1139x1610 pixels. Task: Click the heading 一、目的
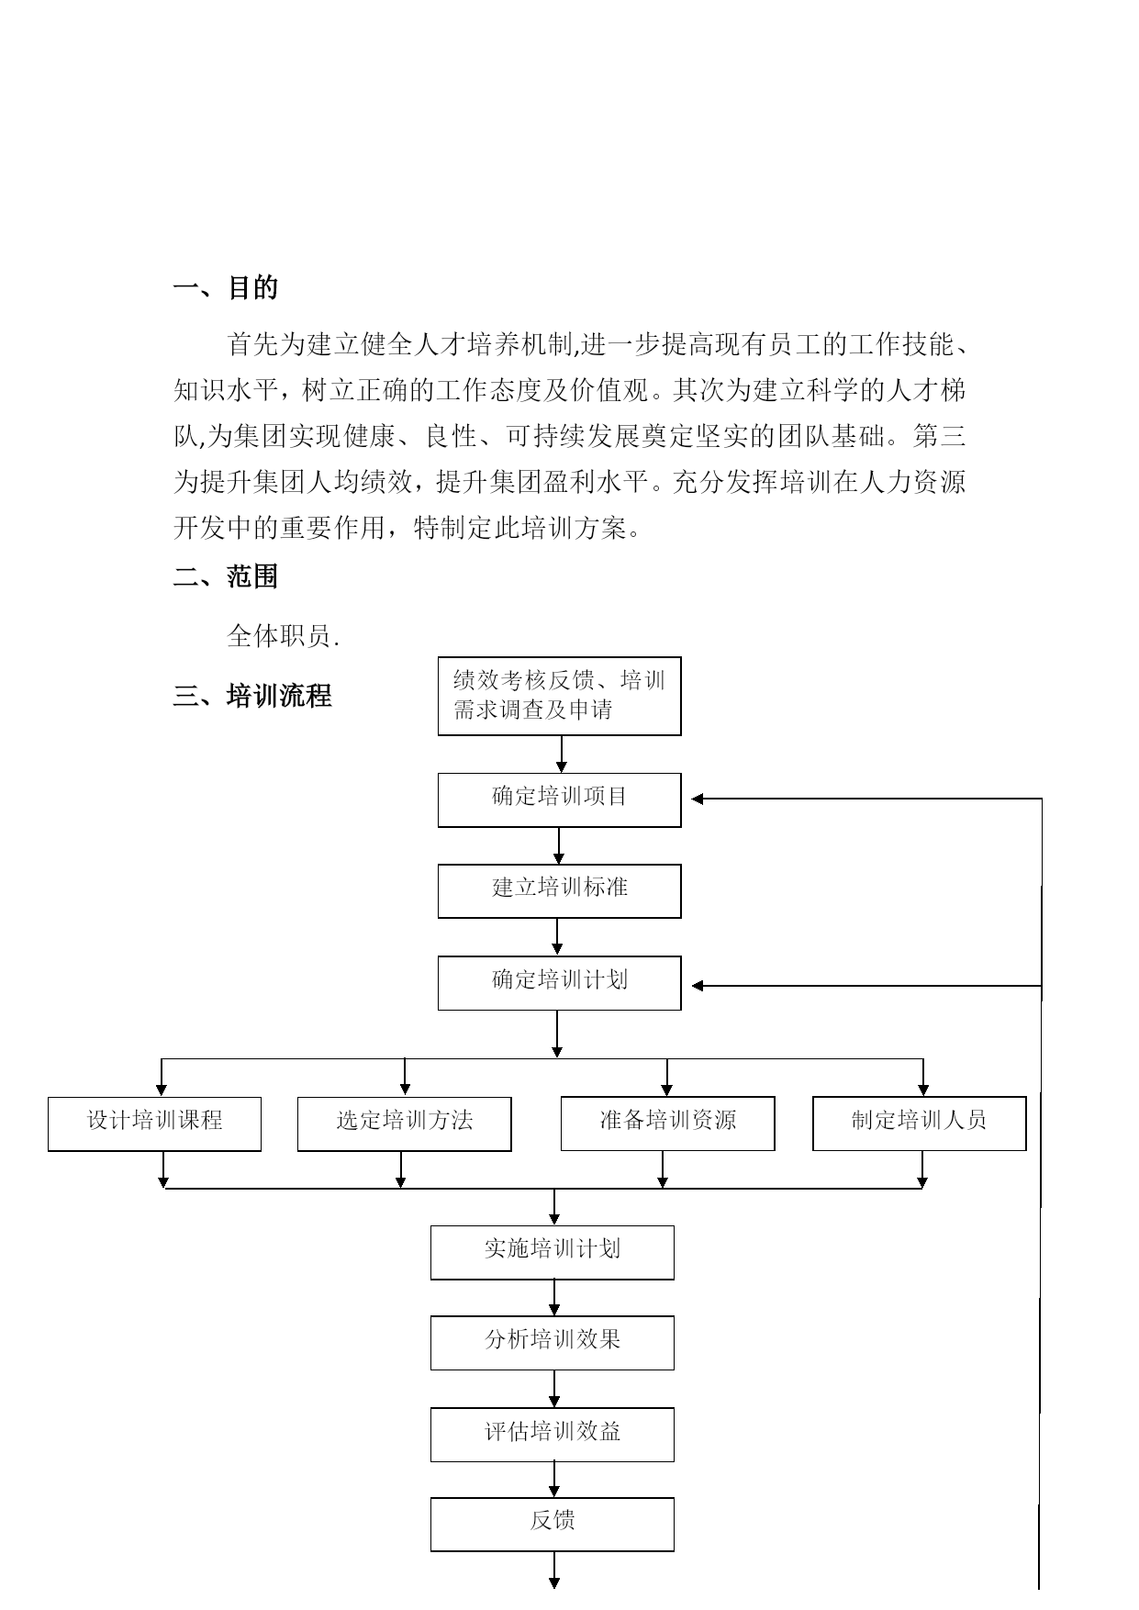(x=225, y=288)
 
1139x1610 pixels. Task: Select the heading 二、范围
(x=225, y=576)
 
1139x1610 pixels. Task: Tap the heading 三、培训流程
(x=252, y=696)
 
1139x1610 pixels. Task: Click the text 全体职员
(x=284, y=636)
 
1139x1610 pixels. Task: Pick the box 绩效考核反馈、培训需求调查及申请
(x=560, y=696)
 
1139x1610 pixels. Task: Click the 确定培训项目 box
(x=560, y=799)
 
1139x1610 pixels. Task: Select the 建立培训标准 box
(x=560, y=890)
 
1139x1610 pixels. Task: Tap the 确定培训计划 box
(x=560, y=983)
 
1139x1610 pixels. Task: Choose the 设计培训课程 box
(x=154, y=1124)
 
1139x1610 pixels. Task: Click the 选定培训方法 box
(x=405, y=1124)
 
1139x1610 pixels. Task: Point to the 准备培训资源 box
(x=668, y=1124)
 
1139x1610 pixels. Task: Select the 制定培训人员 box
(x=920, y=1124)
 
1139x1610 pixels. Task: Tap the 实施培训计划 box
(x=553, y=1252)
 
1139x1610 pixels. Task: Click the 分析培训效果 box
(x=553, y=1343)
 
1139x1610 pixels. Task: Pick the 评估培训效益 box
(x=553, y=1435)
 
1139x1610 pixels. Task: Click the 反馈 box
(x=553, y=1525)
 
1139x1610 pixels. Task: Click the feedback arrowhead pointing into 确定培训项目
(x=697, y=799)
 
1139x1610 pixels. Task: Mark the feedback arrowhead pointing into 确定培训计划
(x=697, y=986)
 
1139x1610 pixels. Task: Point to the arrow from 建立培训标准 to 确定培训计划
(x=557, y=937)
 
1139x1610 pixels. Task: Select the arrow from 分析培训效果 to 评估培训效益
(x=554, y=1389)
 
